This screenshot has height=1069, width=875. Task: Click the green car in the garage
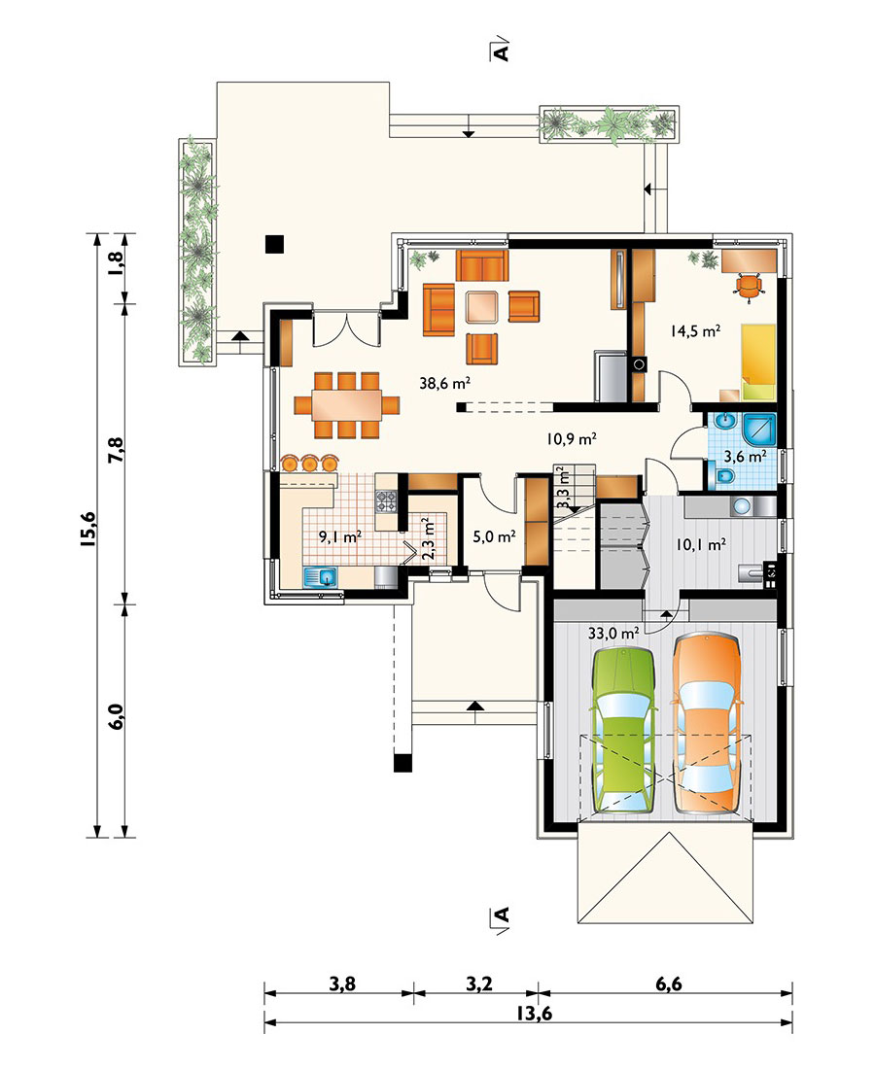click(x=624, y=730)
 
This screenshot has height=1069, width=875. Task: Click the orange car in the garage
click(x=707, y=723)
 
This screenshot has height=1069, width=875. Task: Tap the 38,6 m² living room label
click(x=444, y=383)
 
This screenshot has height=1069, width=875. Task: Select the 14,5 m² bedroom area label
click(x=695, y=331)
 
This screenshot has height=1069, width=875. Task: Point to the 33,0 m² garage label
click(x=613, y=633)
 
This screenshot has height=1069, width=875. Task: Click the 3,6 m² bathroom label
click(x=745, y=456)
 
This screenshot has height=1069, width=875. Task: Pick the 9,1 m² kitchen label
click(x=340, y=536)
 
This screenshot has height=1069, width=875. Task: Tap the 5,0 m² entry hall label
click(x=494, y=536)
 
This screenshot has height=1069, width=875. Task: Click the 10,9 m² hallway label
click(x=572, y=438)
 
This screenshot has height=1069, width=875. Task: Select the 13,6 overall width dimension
click(x=534, y=1013)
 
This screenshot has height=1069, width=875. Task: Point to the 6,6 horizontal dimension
click(x=668, y=983)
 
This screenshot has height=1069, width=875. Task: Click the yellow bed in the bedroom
click(x=758, y=362)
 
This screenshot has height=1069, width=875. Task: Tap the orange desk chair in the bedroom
click(x=749, y=286)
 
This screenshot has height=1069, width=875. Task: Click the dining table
click(x=347, y=405)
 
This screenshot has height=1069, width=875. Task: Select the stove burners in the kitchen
click(x=386, y=501)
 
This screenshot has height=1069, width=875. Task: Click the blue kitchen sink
click(x=321, y=577)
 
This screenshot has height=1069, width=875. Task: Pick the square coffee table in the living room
click(x=482, y=306)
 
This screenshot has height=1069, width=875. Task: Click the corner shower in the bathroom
click(x=758, y=430)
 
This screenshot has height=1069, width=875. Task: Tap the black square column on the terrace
click(x=274, y=243)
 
